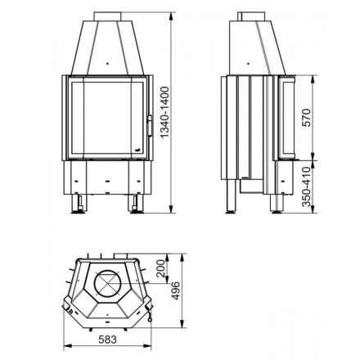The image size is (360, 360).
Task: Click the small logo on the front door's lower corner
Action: coord(137,150)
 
